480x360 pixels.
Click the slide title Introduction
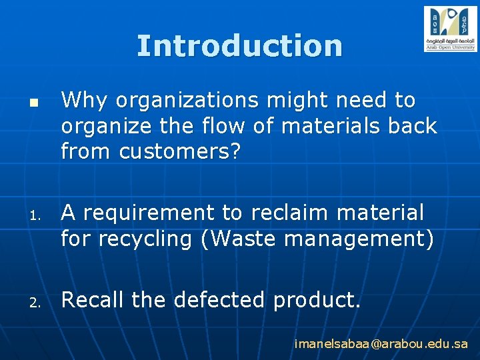tap(239, 46)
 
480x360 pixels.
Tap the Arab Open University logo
tap(450, 29)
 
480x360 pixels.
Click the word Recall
tap(93, 301)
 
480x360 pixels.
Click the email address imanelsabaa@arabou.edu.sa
tap(381, 345)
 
